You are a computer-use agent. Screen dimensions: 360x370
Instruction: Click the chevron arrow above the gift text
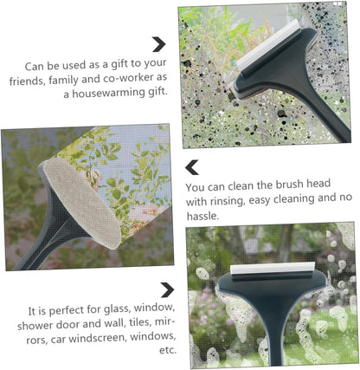[159, 44]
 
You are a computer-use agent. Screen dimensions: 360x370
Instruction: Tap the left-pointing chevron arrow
[192, 167]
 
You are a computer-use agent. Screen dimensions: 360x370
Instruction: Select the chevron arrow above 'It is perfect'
[167, 289]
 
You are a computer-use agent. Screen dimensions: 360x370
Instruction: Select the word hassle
[202, 216]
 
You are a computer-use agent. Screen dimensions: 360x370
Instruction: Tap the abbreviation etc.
[168, 351]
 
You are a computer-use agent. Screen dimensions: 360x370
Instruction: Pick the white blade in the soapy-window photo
[273, 269]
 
